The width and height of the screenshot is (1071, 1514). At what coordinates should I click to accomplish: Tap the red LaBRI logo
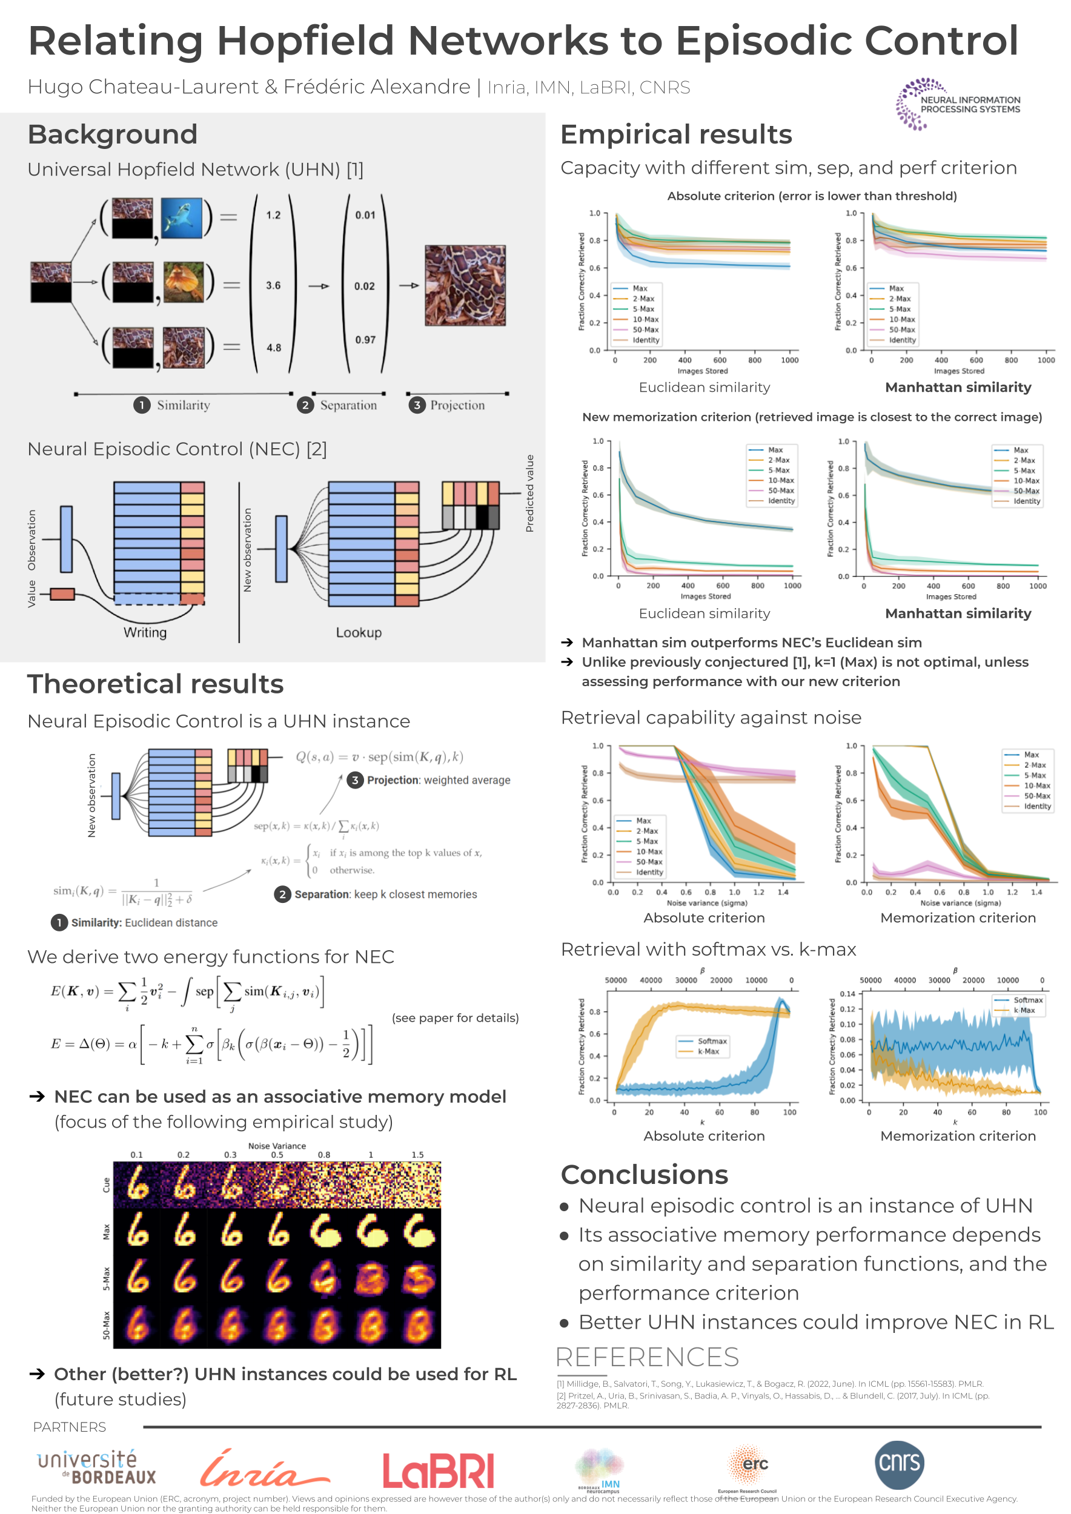coord(438,1471)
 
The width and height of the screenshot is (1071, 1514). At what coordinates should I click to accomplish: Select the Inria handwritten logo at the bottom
coord(264,1470)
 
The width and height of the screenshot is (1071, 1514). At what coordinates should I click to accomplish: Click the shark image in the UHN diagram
coord(181,217)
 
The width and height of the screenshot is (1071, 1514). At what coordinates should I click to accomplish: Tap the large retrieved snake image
coord(465,285)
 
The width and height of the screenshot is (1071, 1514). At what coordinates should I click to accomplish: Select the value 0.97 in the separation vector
coord(365,340)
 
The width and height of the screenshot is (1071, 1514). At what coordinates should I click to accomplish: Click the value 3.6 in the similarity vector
coord(273,285)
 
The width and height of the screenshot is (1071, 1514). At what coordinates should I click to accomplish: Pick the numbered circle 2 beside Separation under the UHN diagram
coord(305,405)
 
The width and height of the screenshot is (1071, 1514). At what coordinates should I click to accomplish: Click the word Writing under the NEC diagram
coord(145,632)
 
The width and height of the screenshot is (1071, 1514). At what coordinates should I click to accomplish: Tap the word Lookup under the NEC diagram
coord(359,632)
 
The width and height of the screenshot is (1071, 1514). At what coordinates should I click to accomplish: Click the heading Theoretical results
coord(156,684)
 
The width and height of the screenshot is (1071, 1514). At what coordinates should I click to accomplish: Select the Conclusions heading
coord(645,1174)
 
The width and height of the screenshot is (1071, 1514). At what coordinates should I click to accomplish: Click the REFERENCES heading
coord(647,1357)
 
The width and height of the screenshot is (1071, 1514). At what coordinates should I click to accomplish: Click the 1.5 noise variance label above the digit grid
coord(417,1155)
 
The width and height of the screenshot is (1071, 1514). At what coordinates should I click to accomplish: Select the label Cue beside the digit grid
coord(106,1185)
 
